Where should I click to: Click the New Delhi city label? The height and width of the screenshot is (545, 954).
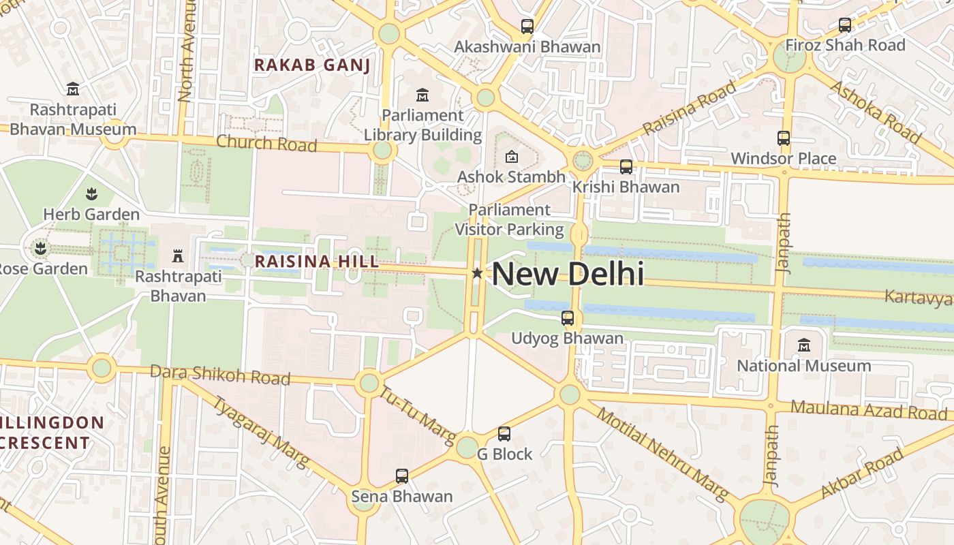568,274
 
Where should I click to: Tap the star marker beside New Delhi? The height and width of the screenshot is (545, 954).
477,273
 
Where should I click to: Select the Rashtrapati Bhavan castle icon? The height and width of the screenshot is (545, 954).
178,256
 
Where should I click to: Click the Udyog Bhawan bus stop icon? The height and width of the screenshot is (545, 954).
568,317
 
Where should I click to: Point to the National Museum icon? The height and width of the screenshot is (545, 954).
804,345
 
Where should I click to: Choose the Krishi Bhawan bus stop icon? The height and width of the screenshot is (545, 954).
626,166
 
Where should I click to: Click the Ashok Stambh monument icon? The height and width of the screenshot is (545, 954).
511,157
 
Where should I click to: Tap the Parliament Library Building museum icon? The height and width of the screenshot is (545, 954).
422,95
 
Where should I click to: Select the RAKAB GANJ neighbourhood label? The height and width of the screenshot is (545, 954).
312,65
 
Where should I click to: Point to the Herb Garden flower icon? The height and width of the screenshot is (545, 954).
91,194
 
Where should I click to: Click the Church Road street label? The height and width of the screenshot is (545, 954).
266,143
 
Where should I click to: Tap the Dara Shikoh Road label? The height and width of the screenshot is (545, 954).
219,374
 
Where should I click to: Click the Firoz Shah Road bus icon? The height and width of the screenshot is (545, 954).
845,25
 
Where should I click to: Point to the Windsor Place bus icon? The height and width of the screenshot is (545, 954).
784,138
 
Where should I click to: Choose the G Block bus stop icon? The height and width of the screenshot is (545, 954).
504,433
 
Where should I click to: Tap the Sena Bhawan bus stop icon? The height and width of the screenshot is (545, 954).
402,476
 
